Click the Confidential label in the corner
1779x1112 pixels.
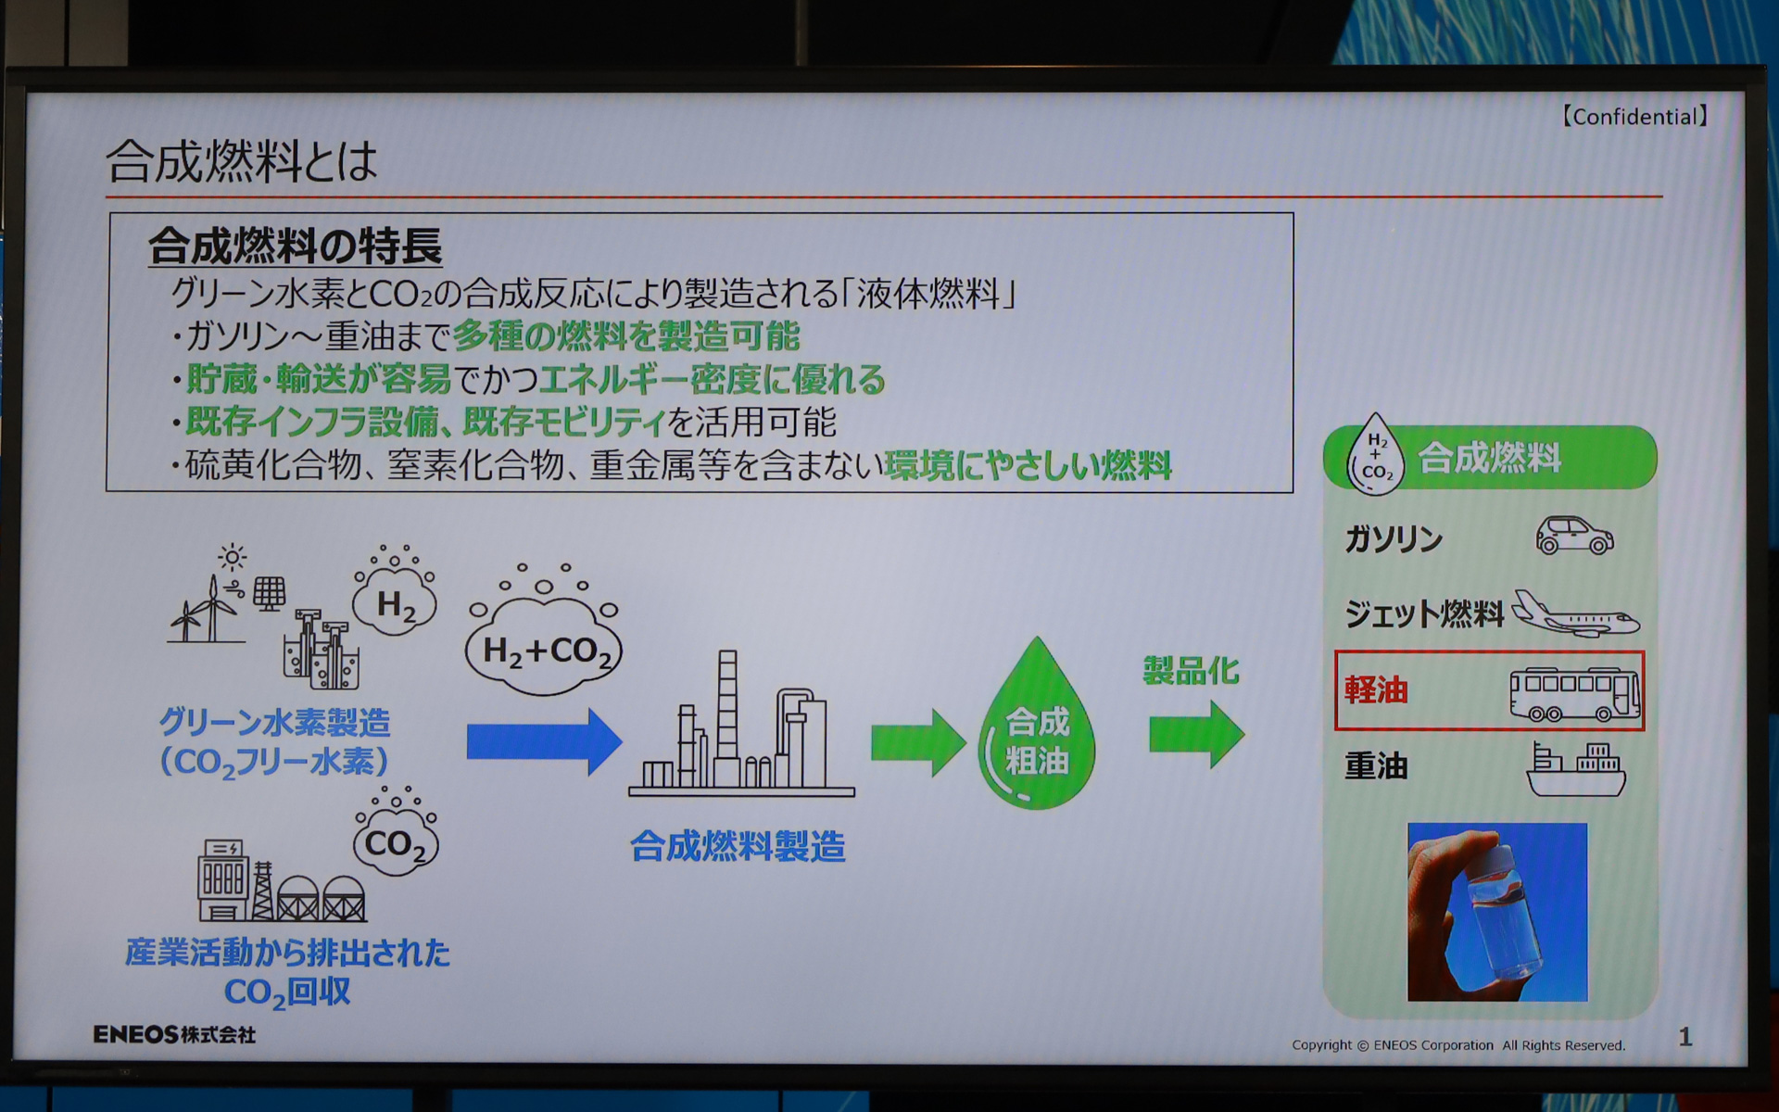(1634, 117)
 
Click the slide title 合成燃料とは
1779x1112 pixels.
(242, 162)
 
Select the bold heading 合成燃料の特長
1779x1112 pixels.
(295, 246)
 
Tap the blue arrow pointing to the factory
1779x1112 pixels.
(543, 741)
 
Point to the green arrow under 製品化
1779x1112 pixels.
(1196, 735)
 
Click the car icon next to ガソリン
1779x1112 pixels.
(1574, 535)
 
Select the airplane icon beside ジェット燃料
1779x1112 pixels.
(1574, 613)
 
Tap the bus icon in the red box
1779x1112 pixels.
(1574, 693)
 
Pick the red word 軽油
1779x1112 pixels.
(1376, 690)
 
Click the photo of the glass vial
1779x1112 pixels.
(1496, 912)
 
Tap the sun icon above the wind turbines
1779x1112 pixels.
(232, 557)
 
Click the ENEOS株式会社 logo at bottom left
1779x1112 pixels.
(174, 1034)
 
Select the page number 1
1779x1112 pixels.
(1684, 1037)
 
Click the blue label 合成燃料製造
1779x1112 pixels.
(738, 847)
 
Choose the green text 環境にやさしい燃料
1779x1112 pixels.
(1028, 465)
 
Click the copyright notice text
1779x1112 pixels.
(1458, 1045)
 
